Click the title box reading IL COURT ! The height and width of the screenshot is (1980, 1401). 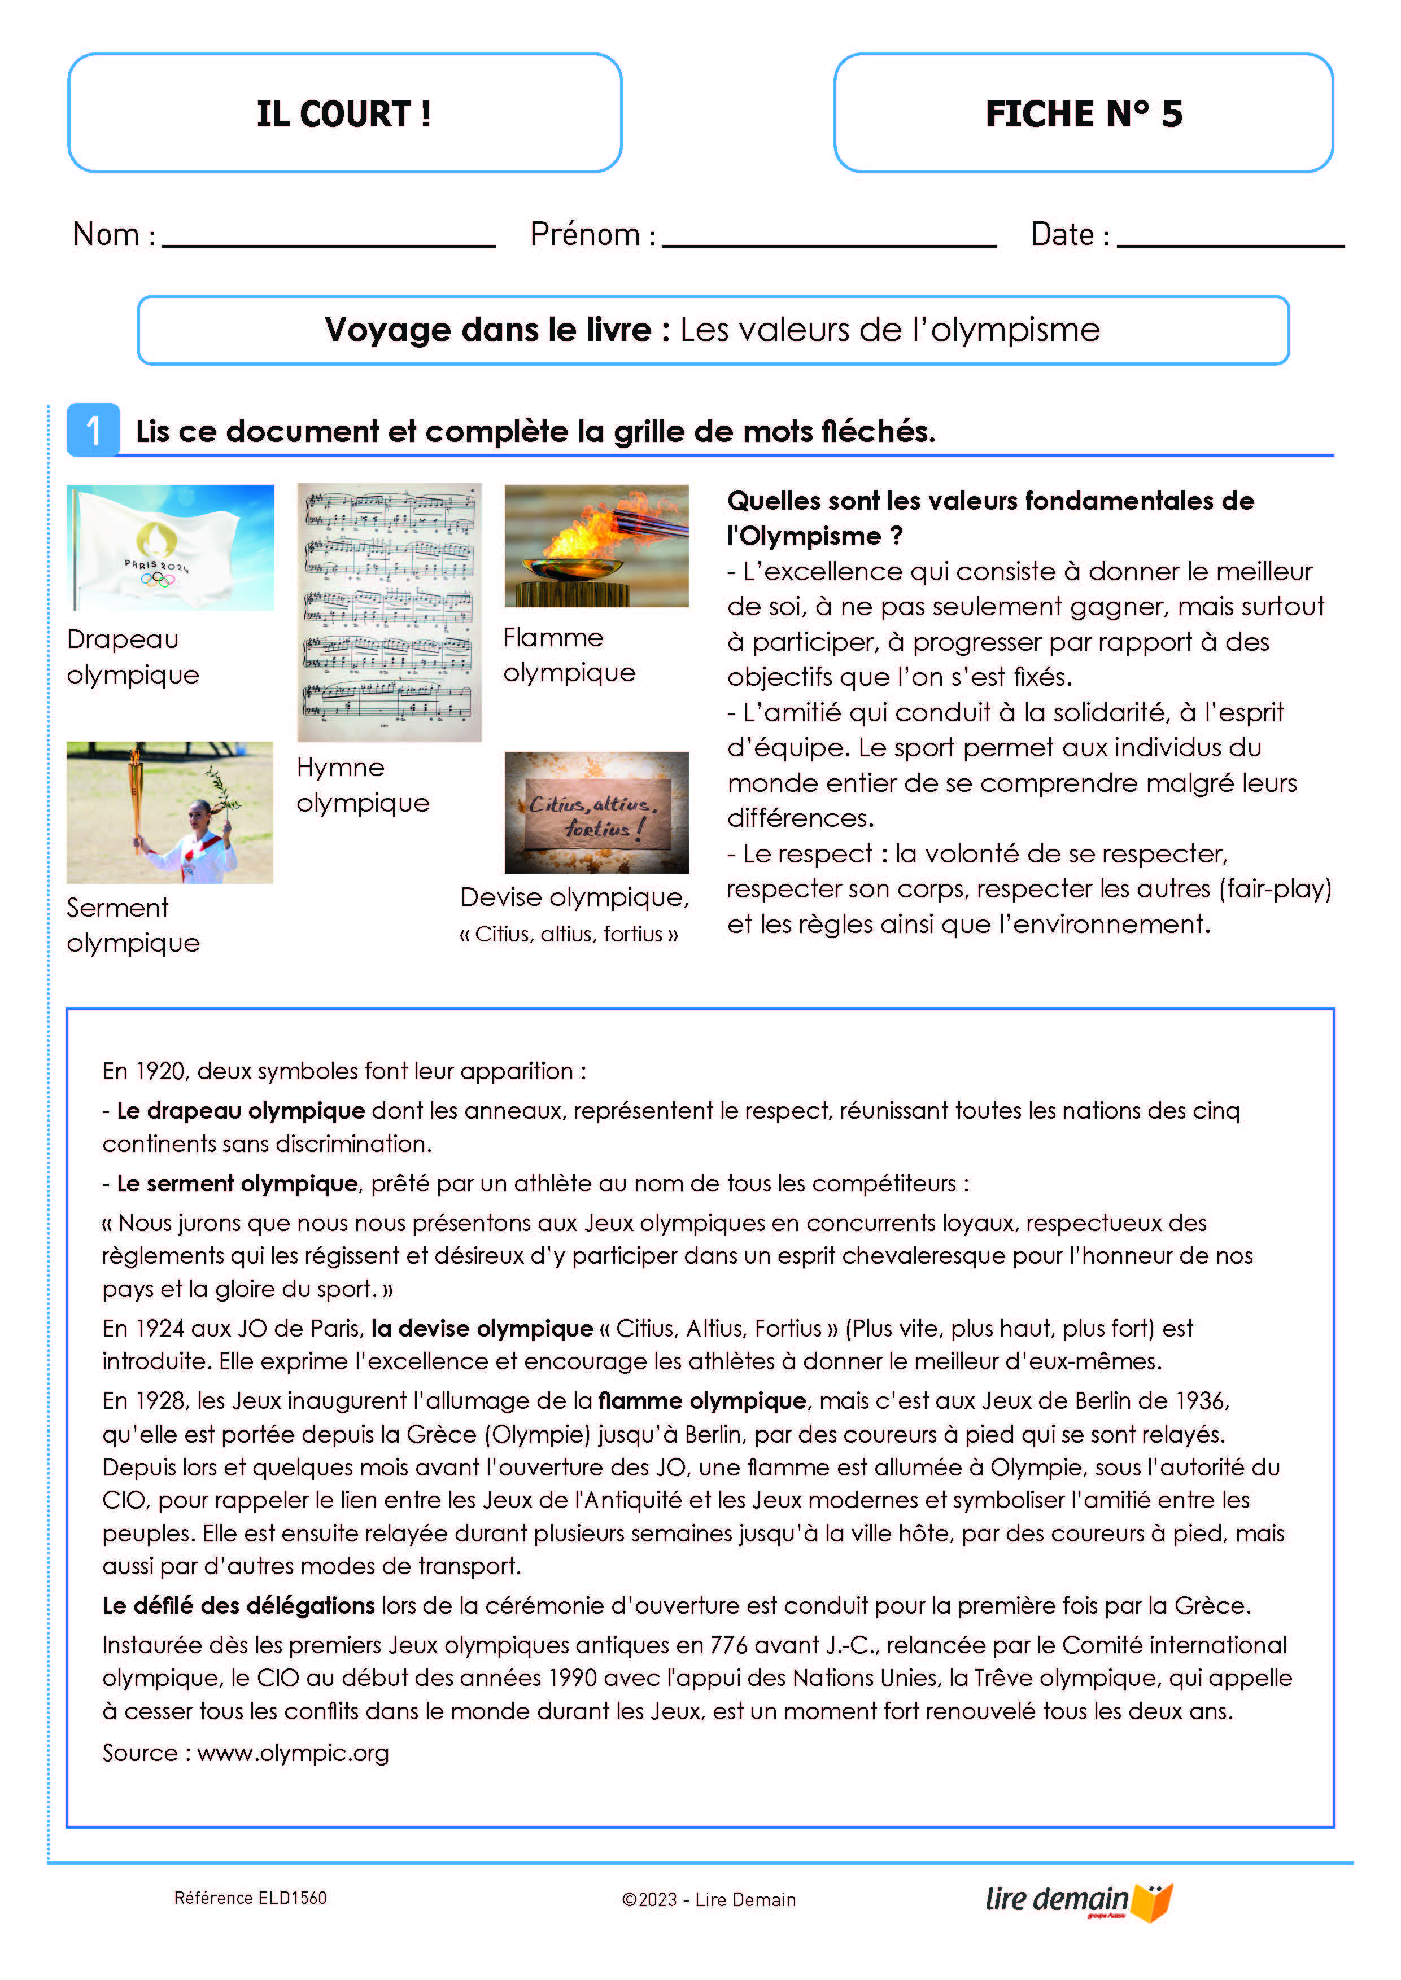click(344, 113)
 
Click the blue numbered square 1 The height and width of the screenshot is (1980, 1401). click(93, 430)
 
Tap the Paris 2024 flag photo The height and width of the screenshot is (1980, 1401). click(170, 547)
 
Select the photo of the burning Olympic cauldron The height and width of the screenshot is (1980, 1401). click(596, 545)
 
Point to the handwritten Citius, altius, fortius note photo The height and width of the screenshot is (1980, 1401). click(596, 812)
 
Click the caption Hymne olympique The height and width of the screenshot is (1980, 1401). click(363, 785)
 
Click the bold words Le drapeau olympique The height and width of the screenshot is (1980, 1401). click(241, 1111)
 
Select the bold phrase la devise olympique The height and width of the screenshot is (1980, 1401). click(481, 1328)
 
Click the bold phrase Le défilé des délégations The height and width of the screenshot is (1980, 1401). click(238, 1606)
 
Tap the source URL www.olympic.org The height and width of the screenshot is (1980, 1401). click(293, 1753)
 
